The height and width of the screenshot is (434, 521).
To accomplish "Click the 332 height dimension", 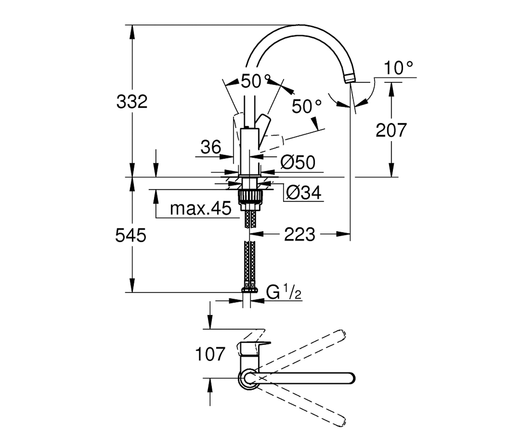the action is tap(132, 102).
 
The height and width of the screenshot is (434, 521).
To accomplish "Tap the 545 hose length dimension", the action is tap(131, 235).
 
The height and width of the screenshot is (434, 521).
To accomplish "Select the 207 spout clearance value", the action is tap(391, 130).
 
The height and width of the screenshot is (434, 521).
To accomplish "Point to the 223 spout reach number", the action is tap(300, 234).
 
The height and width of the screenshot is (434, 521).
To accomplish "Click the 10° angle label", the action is tap(399, 68).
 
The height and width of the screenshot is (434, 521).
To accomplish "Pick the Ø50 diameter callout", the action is tap(298, 162).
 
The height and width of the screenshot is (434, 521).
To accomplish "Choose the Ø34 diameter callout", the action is tap(304, 193).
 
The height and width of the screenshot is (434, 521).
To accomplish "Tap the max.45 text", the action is tap(201, 209).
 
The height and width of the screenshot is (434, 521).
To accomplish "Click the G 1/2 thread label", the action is tap(284, 292).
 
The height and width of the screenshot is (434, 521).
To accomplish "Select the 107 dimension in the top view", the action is tap(210, 354).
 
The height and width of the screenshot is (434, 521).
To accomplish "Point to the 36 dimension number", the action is tap(211, 147).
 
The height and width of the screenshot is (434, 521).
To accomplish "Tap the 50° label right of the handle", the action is tap(307, 106).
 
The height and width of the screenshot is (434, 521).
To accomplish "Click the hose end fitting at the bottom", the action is tap(250, 290).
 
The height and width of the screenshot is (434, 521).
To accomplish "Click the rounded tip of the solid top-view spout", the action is tap(352, 378).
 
